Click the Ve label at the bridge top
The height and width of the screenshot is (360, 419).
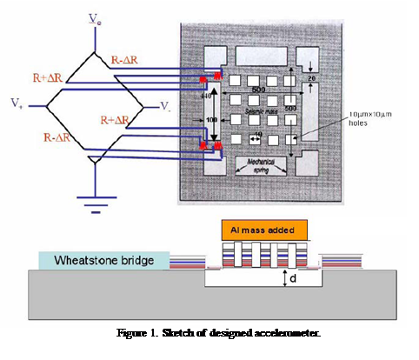[x=94, y=17]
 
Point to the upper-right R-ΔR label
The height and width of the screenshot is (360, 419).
[x=129, y=59]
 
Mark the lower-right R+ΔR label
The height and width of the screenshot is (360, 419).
[x=118, y=118]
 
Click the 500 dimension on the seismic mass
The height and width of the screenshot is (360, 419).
[x=259, y=89]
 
